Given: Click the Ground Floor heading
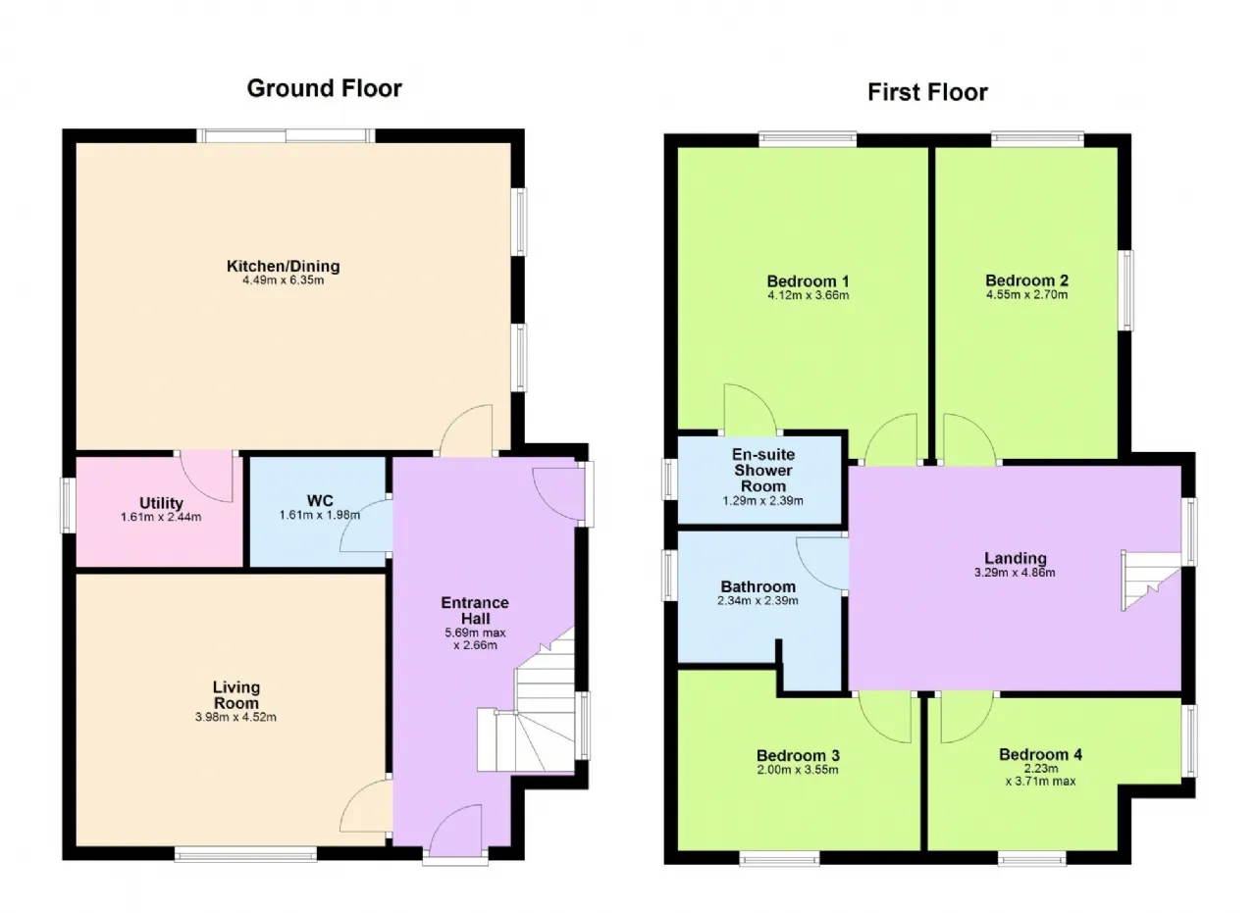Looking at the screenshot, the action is click(324, 88).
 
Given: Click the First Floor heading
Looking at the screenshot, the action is click(927, 92).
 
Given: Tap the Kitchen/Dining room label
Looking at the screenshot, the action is click(284, 266).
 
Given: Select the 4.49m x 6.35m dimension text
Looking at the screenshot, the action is click(284, 280).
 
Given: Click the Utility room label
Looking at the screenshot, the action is click(161, 503).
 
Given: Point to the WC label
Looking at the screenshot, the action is click(320, 500).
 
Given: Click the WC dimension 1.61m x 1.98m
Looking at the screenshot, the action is click(320, 515).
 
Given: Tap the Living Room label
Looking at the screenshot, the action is click(236, 695).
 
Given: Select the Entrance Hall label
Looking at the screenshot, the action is click(475, 610).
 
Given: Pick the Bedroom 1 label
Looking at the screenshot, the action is click(808, 280).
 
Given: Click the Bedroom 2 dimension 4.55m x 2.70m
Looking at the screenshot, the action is click(1026, 295).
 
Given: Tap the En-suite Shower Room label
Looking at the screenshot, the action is click(763, 471).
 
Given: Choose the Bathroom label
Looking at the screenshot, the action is click(759, 586).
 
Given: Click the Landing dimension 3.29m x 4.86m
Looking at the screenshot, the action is click(1015, 573).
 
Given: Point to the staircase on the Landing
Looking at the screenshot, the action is click(1151, 581).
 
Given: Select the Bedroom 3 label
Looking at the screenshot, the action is click(798, 755).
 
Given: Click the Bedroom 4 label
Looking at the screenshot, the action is click(1041, 754).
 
